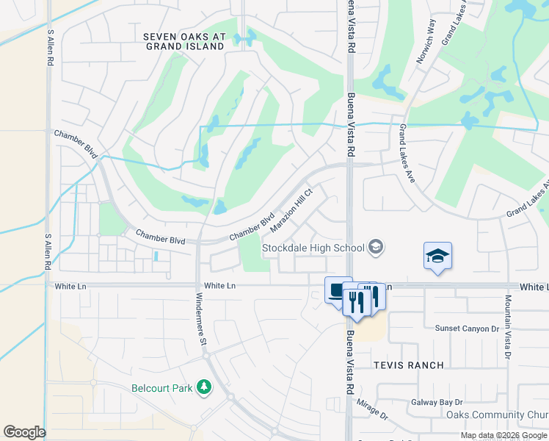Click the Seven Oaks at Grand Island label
(183, 41)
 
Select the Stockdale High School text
(313, 248)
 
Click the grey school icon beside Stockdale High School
(377, 246)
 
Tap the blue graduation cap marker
(437, 257)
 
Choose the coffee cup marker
(338, 290)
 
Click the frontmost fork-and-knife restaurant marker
(356, 301)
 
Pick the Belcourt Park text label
(161, 388)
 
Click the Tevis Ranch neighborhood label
(408, 365)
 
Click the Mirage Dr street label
(372, 410)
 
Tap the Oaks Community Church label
(498, 415)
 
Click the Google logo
(24, 432)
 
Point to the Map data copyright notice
(503, 435)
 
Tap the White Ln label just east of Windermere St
(220, 285)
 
